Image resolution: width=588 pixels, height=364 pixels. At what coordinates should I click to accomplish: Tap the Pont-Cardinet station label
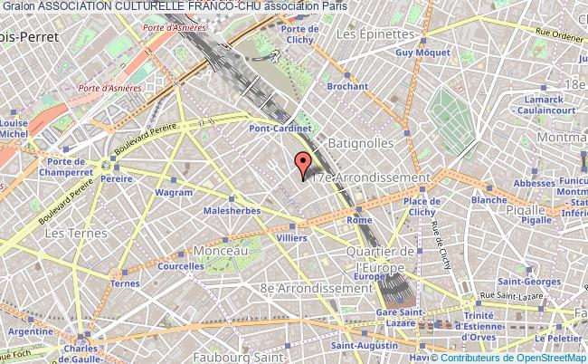(x=281, y=129)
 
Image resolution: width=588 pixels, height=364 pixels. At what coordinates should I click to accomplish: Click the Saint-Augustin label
(x=361, y=344)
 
